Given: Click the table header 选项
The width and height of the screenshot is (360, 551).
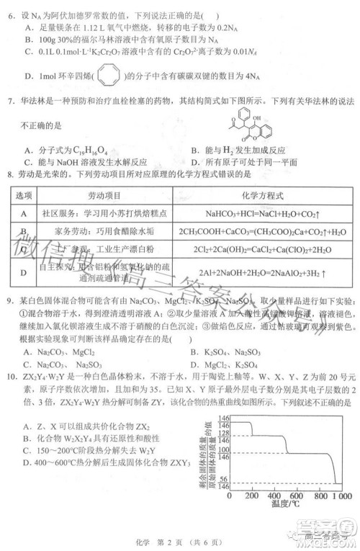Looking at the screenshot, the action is (24, 195).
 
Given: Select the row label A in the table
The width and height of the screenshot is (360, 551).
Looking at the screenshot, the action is (24, 213).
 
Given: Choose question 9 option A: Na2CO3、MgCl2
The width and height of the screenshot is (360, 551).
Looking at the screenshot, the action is (65, 352).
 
